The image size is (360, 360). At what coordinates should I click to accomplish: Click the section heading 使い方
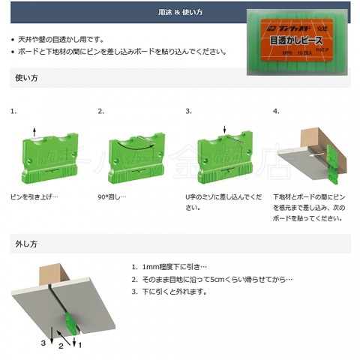(x=26, y=78)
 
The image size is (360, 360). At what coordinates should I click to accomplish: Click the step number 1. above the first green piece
(x=13, y=111)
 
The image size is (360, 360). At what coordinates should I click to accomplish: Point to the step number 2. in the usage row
(x=101, y=111)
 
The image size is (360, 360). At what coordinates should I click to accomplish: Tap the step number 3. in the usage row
(x=189, y=111)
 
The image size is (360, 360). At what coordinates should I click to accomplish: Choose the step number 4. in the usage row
(x=277, y=111)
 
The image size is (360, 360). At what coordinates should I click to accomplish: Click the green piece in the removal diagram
(x=70, y=324)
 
